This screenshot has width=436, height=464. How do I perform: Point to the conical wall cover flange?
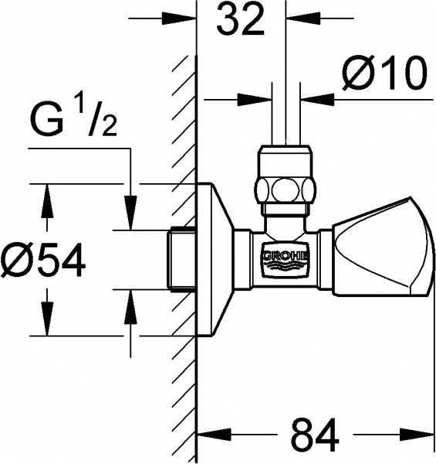coord(215,259)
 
